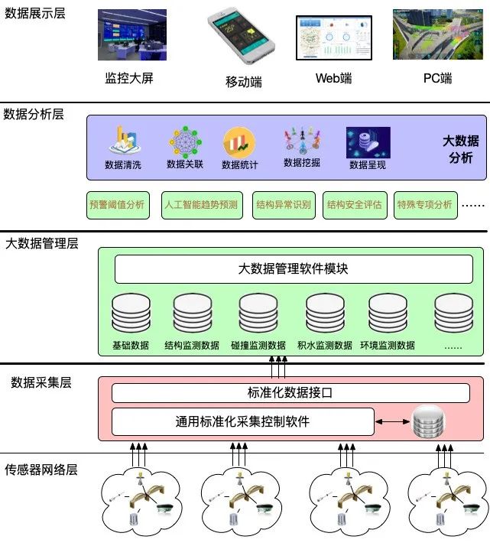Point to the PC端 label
click(437, 78)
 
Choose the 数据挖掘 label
click(302, 163)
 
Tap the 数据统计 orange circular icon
click(239, 142)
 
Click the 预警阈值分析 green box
click(116, 205)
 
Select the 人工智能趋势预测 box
click(201, 205)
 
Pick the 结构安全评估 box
click(354, 205)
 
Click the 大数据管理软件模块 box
click(293, 269)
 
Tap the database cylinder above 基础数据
click(130, 314)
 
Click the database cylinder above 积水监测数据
click(324, 314)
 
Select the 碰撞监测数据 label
click(258, 346)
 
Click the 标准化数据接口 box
click(290, 393)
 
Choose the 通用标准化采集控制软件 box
click(242, 421)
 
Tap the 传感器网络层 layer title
click(41, 470)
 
